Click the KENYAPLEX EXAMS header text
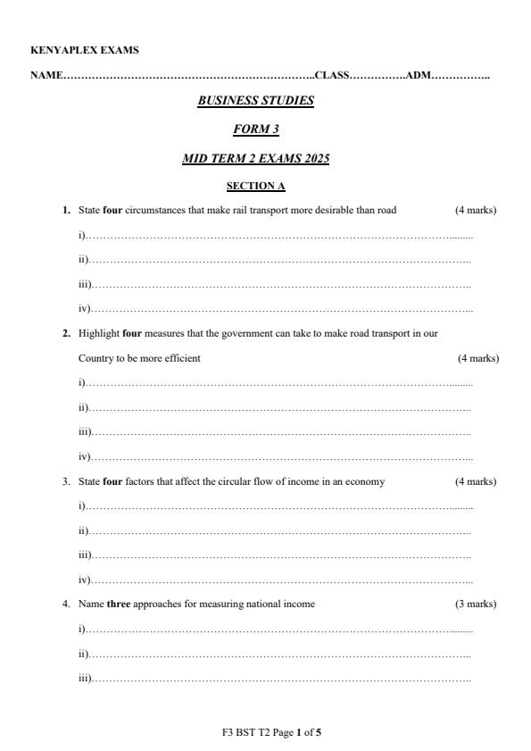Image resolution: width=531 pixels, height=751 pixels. coord(84,50)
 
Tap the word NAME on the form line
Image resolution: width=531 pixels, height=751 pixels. coord(46,75)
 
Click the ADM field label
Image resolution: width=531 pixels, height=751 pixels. coord(418,75)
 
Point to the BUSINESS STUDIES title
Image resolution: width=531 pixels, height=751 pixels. coord(255,101)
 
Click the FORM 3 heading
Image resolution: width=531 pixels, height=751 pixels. coord(255,129)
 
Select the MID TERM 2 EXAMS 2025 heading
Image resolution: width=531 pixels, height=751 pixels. coord(255,159)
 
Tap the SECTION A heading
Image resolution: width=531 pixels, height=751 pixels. coord(255,186)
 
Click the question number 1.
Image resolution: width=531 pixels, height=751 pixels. coord(66,210)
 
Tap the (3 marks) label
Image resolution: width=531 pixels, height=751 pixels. coord(476,604)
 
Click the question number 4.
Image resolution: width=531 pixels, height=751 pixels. coord(66,604)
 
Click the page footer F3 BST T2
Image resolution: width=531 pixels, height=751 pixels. coord(245,732)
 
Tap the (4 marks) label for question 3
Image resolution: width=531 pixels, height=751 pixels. coord(476,481)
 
